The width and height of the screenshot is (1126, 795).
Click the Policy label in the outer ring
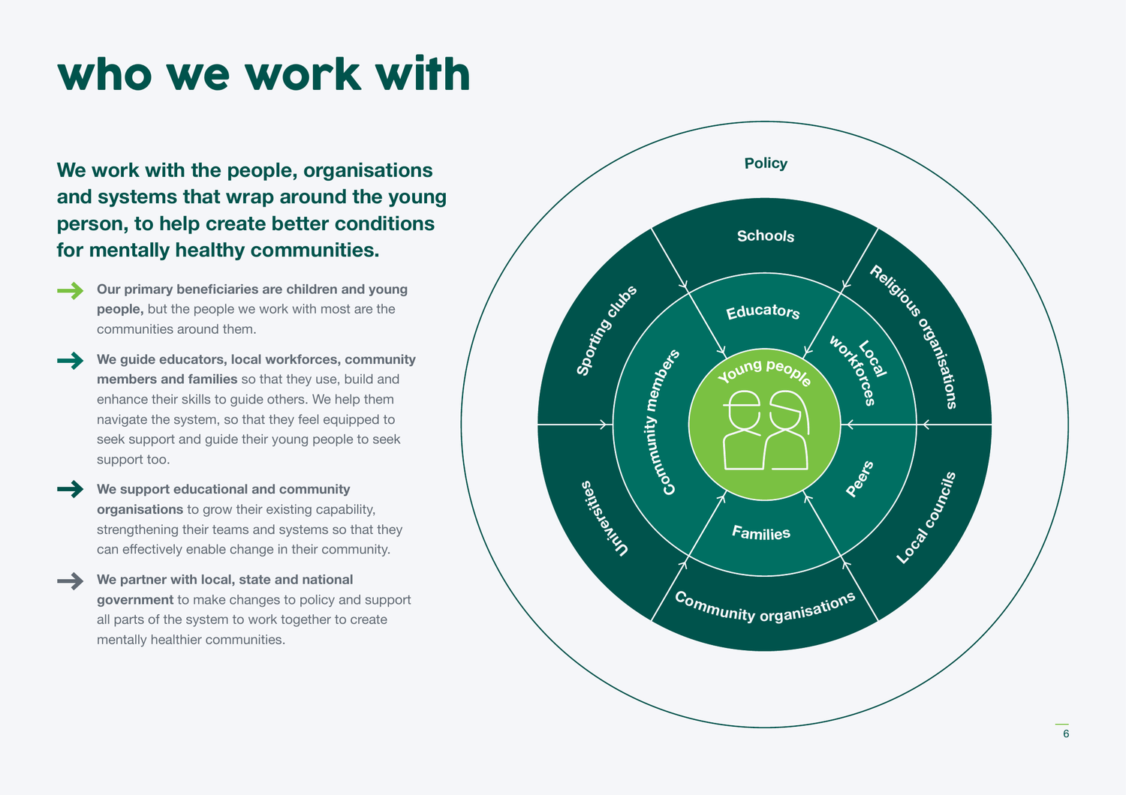tap(766, 163)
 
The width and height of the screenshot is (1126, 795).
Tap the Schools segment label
tap(766, 236)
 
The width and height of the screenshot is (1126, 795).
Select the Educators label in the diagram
tap(763, 311)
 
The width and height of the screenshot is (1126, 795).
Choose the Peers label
tap(860, 479)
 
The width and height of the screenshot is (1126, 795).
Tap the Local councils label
tap(926, 517)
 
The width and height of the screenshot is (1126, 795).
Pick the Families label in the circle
tap(761, 533)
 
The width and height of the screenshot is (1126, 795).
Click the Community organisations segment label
tap(765, 607)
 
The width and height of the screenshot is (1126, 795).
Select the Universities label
tap(604, 518)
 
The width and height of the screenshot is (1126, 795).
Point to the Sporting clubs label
tap(607, 330)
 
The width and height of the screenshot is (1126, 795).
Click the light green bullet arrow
tap(71, 290)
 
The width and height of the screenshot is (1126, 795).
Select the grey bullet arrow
tap(71, 580)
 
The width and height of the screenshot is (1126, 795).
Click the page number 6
tap(1065, 734)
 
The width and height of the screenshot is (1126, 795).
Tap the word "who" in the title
tap(105, 75)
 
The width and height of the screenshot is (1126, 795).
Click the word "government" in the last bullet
tap(135, 600)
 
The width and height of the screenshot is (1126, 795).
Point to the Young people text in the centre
tap(764, 371)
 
